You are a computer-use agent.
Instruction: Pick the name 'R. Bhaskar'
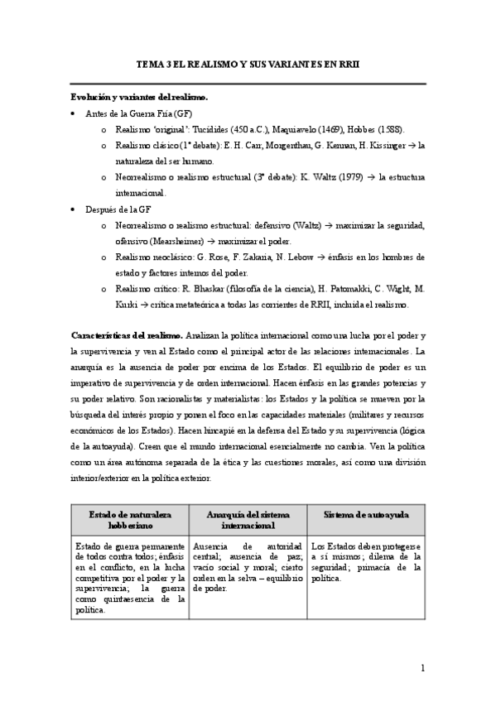224,288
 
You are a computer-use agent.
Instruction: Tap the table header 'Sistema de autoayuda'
366,515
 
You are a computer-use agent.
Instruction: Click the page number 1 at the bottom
422,667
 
